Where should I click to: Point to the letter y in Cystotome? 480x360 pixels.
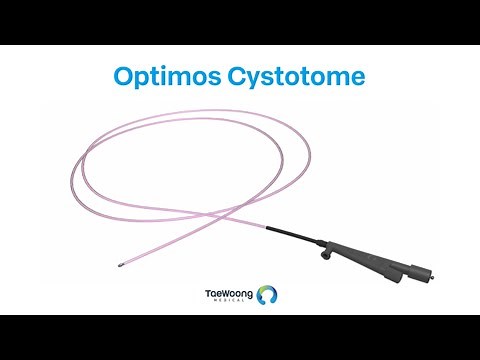coord(262,80)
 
